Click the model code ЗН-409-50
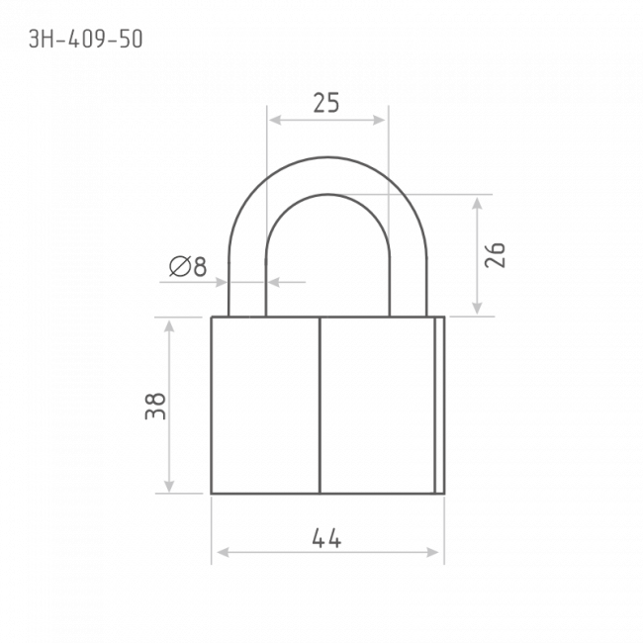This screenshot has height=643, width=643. (86, 40)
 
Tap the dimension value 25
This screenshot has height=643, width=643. (326, 103)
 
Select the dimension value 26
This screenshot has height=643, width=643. (495, 255)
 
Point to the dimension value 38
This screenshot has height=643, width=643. (155, 407)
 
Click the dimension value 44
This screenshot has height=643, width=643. (326, 538)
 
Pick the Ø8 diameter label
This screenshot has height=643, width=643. (188, 266)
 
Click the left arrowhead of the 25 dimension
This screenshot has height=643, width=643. (275, 120)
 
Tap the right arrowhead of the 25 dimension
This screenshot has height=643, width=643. (379, 120)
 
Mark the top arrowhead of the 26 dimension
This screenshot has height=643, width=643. (477, 204)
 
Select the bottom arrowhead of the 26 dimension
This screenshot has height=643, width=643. (477, 308)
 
